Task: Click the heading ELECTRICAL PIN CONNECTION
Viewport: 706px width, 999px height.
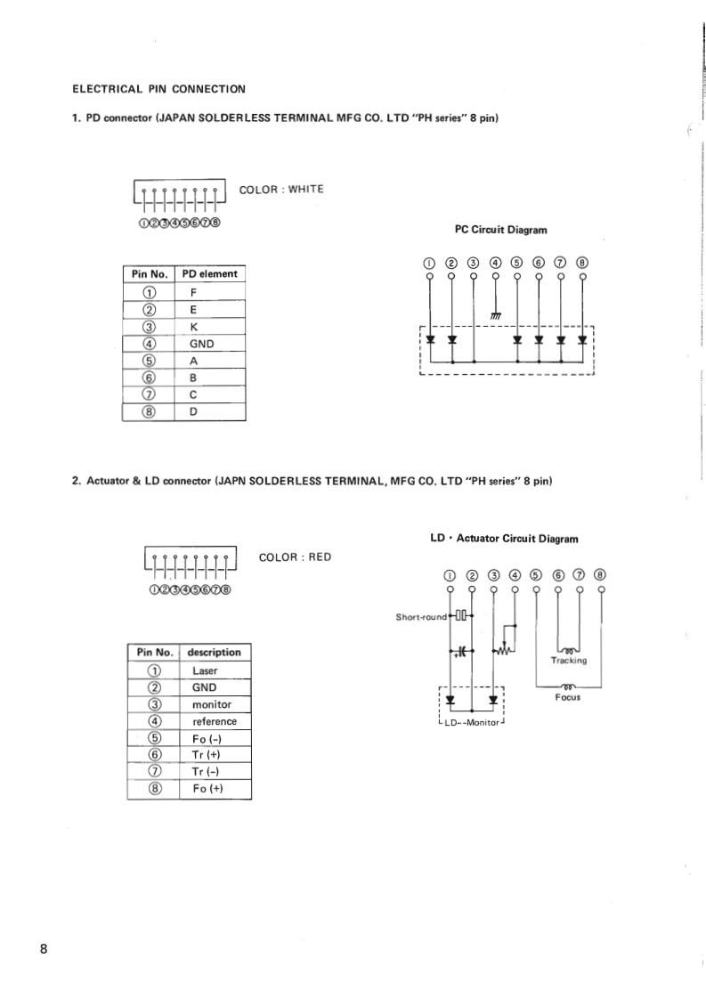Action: [x=158, y=88]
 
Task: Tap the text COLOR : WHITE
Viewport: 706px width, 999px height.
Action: [x=281, y=189]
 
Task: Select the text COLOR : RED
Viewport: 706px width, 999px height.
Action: [x=295, y=557]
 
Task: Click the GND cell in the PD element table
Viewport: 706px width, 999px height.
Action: [x=202, y=344]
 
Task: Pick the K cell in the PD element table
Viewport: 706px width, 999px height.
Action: [x=193, y=327]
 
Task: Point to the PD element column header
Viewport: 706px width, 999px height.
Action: [x=209, y=274]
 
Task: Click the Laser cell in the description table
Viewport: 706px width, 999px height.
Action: [x=205, y=670]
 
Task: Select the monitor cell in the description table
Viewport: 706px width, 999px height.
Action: [x=212, y=704]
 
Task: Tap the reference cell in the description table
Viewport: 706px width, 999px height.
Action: [x=215, y=721]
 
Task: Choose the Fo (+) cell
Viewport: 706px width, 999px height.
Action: [x=207, y=790]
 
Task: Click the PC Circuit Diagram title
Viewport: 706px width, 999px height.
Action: [x=500, y=230]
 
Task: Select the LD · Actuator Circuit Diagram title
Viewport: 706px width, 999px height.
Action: [x=504, y=538]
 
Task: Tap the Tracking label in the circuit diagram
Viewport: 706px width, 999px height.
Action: [x=568, y=661]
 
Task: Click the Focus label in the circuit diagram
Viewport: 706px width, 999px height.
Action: [x=568, y=697]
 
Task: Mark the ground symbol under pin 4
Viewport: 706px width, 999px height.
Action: [x=496, y=316]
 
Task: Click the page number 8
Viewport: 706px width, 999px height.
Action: [x=44, y=946]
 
